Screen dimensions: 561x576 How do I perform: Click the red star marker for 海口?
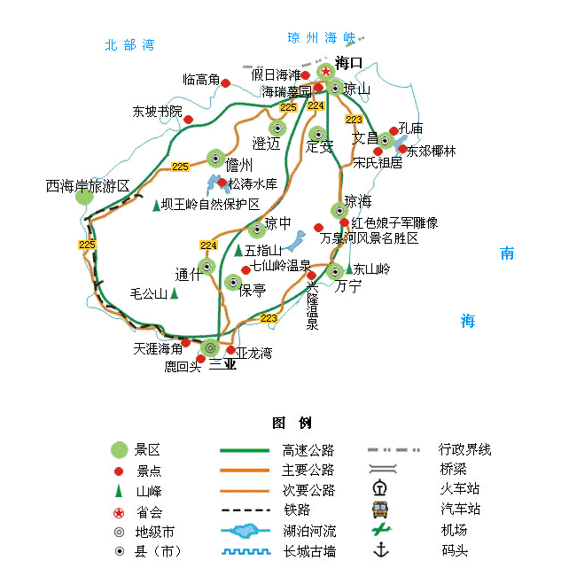click(x=325, y=71)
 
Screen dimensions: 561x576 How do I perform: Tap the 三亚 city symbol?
click(x=210, y=347)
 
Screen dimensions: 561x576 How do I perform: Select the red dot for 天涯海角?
click(x=186, y=343)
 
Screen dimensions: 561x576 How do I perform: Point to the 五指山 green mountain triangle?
click(x=238, y=250)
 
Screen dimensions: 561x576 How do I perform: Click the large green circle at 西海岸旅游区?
click(x=84, y=197)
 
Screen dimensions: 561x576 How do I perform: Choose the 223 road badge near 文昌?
click(x=354, y=120)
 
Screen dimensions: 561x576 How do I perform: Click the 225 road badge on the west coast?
click(x=87, y=245)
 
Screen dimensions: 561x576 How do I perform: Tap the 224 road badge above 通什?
click(x=208, y=245)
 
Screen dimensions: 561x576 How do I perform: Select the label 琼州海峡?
click(x=322, y=38)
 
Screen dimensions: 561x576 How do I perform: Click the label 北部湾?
click(x=129, y=45)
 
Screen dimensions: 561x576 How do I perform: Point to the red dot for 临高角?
click(x=226, y=83)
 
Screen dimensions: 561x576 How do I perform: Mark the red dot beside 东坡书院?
click(x=189, y=120)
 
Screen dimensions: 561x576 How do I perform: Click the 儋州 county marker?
click(x=215, y=159)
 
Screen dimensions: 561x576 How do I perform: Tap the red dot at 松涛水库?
click(x=222, y=183)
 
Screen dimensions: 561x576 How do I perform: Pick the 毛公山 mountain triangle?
click(x=175, y=293)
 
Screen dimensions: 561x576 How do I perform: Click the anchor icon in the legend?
click(x=381, y=550)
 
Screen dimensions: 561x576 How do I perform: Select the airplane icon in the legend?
click(x=381, y=529)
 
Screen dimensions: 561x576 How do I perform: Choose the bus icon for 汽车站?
click(x=380, y=510)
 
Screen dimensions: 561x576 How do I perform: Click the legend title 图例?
click(x=292, y=423)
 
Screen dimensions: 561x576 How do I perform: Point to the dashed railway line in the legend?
click(x=245, y=510)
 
